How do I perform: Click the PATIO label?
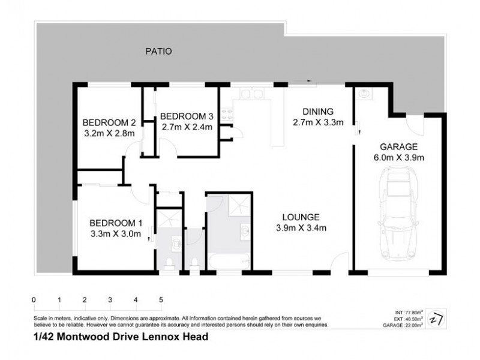click(158, 52)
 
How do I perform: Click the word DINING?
click(317, 112)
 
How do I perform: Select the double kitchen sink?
click(249, 94)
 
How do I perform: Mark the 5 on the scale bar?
click(161, 299)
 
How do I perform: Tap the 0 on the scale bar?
click(34, 299)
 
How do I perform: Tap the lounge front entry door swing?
click(341, 262)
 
